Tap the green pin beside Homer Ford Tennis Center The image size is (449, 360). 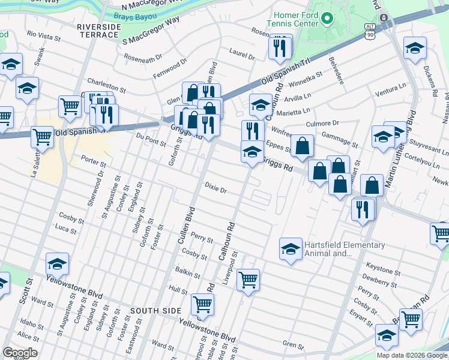pos(327,19)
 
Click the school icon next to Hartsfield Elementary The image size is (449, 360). pos(291,248)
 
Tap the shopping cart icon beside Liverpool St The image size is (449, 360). pos(248,279)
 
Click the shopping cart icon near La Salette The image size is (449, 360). pos(42,136)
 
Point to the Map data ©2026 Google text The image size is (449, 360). pos(411,355)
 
